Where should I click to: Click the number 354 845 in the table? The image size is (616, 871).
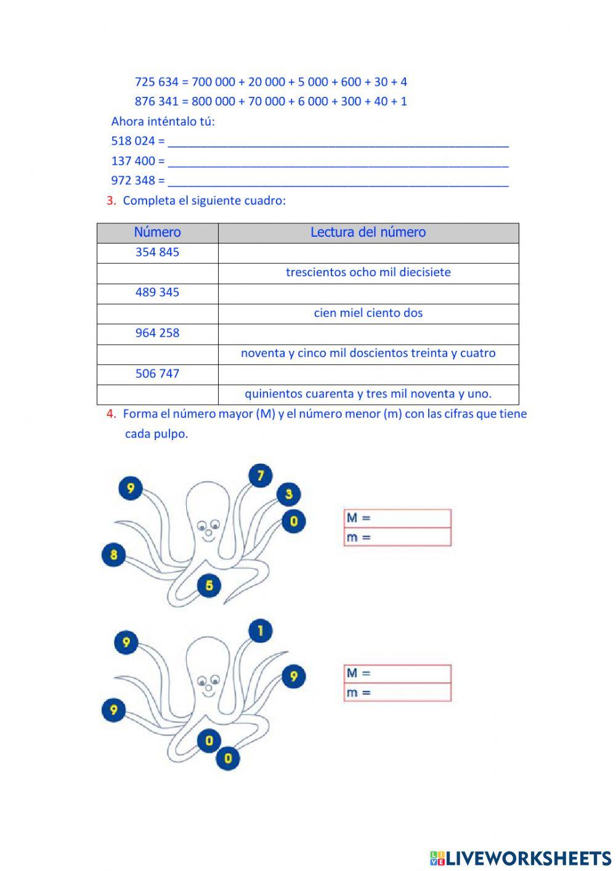click(x=157, y=252)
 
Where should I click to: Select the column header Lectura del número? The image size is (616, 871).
click(x=368, y=232)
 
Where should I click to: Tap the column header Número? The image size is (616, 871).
click(x=157, y=232)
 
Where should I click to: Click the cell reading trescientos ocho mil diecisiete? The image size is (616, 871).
click(x=368, y=272)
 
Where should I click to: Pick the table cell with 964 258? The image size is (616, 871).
click(x=157, y=333)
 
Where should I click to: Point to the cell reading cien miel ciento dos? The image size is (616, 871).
click(x=368, y=313)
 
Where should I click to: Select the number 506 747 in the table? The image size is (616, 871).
click(x=157, y=374)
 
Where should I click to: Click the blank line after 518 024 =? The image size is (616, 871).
click(x=338, y=142)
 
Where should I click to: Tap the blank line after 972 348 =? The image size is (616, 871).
click(x=338, y=181)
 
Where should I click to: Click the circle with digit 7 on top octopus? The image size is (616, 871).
click(x=261, y=476)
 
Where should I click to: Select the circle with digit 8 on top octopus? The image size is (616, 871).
click(x=113, y=555)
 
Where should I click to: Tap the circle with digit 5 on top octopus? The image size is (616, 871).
click(x=209, y=585)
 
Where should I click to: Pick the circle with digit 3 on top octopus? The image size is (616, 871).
click(x=288, y=494)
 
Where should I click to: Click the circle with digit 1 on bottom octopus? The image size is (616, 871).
click(x=261, y=631)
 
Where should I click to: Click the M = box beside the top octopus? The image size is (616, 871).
click(x=397, y=518)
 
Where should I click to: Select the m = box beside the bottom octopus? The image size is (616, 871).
click(x=397, y=693)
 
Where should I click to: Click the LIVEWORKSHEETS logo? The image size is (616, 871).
click(x=521, y=858)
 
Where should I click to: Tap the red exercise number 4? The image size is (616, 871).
click(x=111, y=414)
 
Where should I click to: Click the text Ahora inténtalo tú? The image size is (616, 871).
click(x=163, y=121)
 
